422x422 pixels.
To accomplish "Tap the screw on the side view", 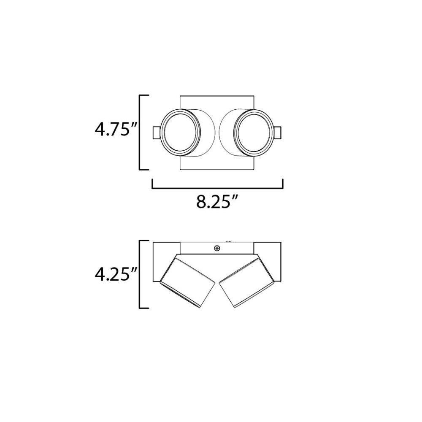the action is tap(216, 248).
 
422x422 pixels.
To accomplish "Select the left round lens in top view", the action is tap(180, 133).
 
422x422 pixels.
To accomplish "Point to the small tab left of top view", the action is tap(157, 133).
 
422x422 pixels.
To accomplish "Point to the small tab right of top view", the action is tap(278, 133).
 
